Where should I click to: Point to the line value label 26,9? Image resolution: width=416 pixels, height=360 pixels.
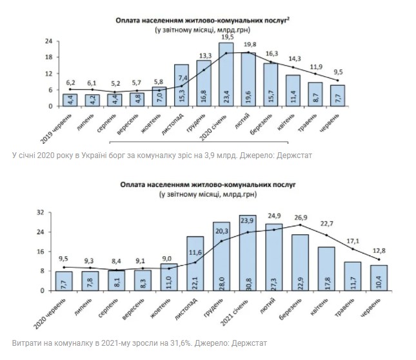(x=301, y=217)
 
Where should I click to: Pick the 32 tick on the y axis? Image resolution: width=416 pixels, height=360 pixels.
(x=39, y=212)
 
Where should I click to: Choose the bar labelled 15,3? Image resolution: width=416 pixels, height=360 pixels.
(x=182, y=85)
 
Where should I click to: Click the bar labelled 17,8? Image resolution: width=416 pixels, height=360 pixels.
(x=326, y=268)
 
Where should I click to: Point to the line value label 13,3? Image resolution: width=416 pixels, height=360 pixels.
(x=206, y=55)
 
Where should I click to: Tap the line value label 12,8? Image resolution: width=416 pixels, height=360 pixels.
(x=378, y=251)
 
